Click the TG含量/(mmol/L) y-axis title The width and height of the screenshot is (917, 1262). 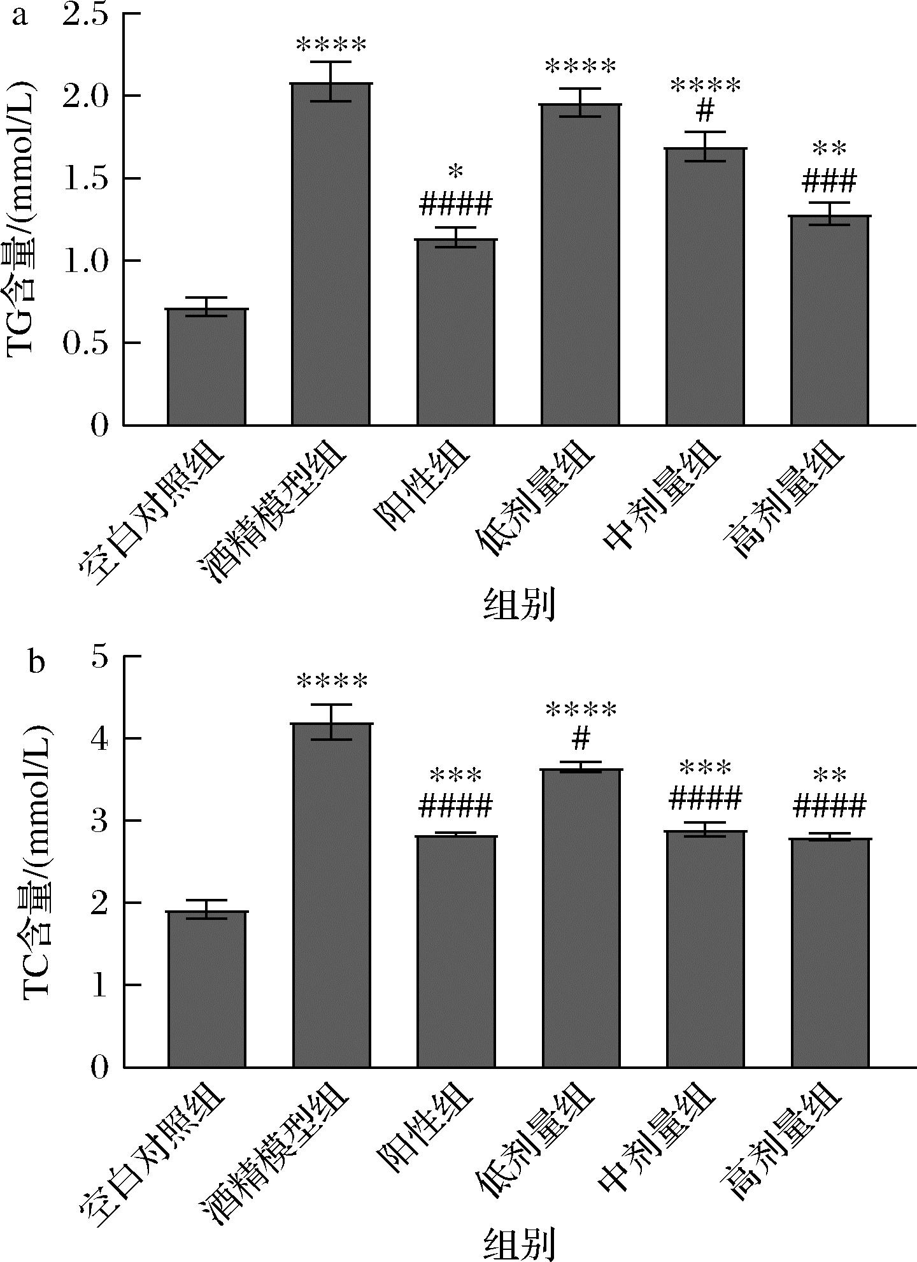pos(22,220)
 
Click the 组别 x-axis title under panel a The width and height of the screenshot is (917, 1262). pos(520,605)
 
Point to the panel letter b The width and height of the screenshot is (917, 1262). pos(36,663)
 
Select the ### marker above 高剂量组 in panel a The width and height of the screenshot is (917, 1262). pos(830,182)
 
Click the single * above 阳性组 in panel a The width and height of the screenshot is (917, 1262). pos(456,172)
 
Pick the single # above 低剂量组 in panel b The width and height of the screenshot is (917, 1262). pos(581,739)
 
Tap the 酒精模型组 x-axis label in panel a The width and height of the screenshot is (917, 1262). pos(274,510)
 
